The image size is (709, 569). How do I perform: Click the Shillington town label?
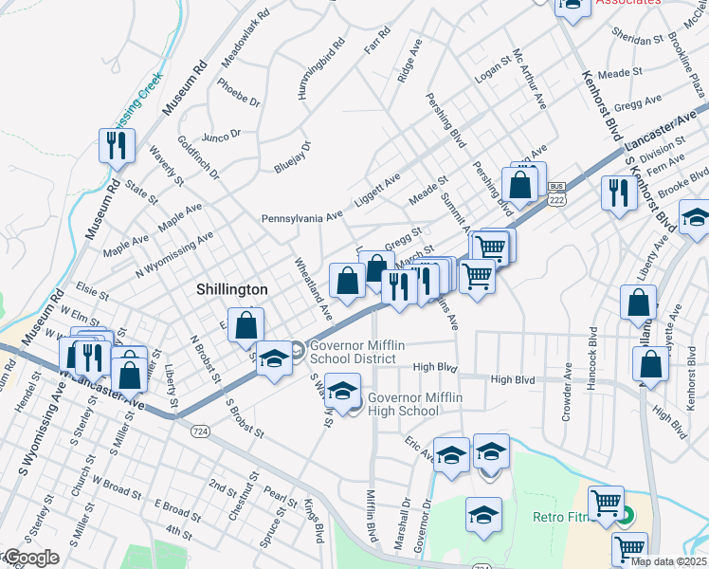(x=231, y=289)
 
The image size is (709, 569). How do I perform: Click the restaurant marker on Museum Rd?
(x=114, y=147)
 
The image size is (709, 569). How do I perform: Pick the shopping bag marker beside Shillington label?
(x=245, y=325)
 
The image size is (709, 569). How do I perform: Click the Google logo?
(x=30, y=559)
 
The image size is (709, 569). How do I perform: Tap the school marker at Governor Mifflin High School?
(x=342, y=390)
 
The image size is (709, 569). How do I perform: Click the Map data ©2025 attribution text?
(x=669, y=561)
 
